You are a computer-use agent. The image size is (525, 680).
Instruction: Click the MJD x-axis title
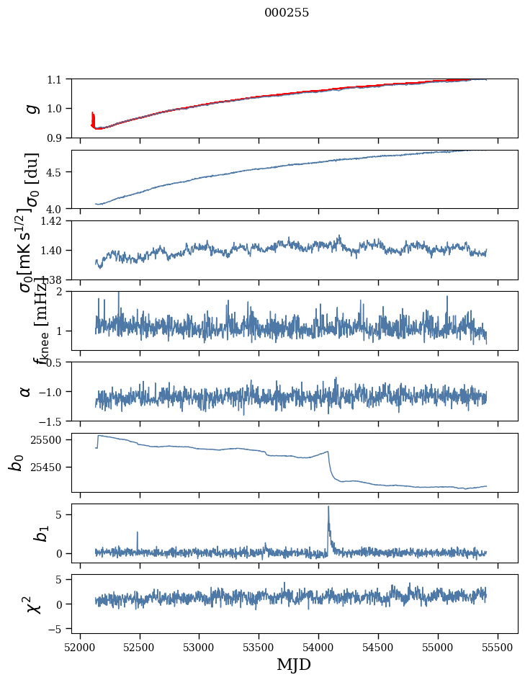(294, 664)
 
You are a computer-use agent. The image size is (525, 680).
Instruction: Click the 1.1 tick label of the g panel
(55, 79)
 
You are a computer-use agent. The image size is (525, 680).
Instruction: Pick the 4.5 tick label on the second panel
(55, 172)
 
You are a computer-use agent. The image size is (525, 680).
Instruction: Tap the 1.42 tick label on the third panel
(50, 221)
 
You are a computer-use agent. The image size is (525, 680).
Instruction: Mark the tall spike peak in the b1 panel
(328, 507)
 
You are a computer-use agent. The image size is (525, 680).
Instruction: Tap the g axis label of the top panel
(29, 108)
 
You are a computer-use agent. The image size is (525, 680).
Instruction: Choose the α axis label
(26, 391)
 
